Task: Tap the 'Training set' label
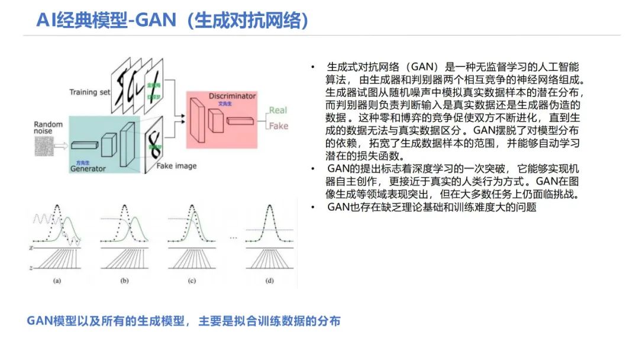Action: pyautogui.click(x=90, y=92)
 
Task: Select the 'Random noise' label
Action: pyautogui.click(x=48, y=128)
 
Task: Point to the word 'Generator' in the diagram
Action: pyautogui.click(x=88, y=169)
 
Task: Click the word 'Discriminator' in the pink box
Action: pyautogui.click(x=232, y=96)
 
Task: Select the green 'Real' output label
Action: pyautogui.click(x=277, y=110)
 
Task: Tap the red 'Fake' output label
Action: pyautogui.click(x=278, y=126)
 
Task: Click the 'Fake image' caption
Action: pyautogui.click(x=176, y=166)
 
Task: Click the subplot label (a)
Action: pyautogui.click(x=57, y=281)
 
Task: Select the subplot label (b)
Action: pyautogui.click(x=124, y=281)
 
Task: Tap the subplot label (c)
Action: pyautogui.click(x=192, y=281)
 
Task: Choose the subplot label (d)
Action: pyautogui.click(x=270, y=281)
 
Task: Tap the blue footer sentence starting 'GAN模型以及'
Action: pyautogui.click(x=184, y=322)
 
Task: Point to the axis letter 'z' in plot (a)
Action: pyautogui.click(x=32, y=268)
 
